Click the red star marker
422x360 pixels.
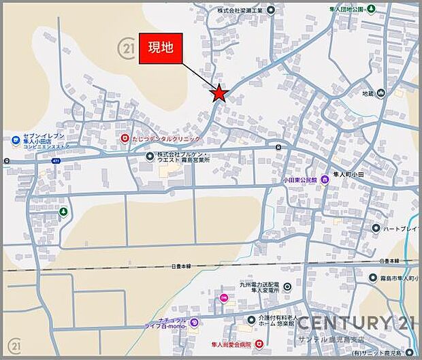pyautogui.click(x=218, y=93)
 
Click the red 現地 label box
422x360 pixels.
pyautogui.click(x=161, y=48)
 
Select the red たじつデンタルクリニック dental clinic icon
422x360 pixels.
pyautogui.click(x=125, y=138)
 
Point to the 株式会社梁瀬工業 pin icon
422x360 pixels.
pyautogui.click(x=271, y=10)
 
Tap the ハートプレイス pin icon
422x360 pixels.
pyautogui.click(x=376, y=228)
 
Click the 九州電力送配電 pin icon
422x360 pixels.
pyautogui.click(x=287, y=287)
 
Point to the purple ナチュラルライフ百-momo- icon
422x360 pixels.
pyautogui.click(x=194, y=323)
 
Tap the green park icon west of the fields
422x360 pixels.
pyautogui.click(x=64, y=212)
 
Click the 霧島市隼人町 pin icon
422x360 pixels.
pyautogui.click(x=372, y=278)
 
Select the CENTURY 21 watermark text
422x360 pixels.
pyautogui.click(x=353, y=323)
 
